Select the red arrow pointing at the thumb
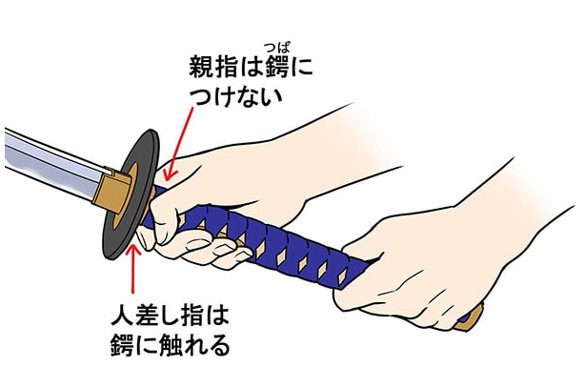pyautogui.click(x=179, y=144)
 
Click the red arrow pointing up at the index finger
pyautogui.click(x=133, y=268)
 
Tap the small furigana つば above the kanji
pyautogui.click(x=277, y=48)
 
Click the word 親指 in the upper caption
pyautogui.click(x=213, y=67)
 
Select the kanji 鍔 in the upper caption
pyautogui.click(x=276, y=67)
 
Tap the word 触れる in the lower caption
pyautogui.click(x=194, y=346)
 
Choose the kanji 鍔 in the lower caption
pyautogui.click(x=123, y=346)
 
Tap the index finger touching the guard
pyautogui.click(x=146, y=238)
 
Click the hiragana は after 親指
pyautogui.click(x=251, y=67)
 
